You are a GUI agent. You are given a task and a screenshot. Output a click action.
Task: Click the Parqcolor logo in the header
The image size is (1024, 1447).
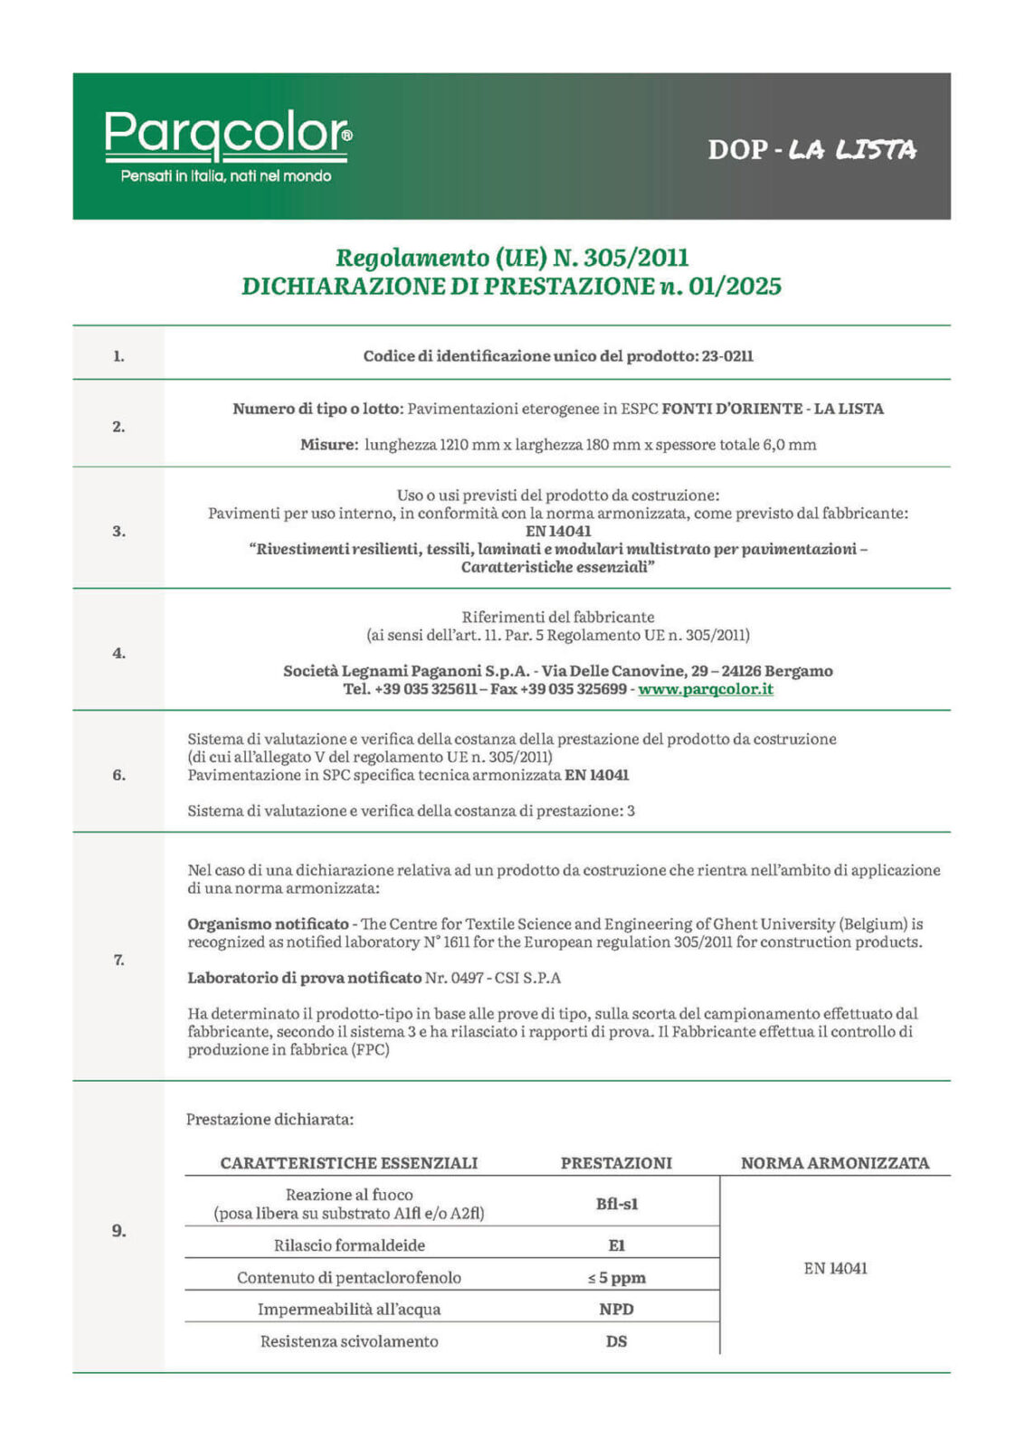tap(227, 134)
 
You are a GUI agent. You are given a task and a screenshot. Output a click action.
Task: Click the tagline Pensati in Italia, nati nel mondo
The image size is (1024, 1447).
tap(226, 176)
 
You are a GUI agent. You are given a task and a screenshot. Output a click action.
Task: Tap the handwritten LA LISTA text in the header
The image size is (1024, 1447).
tap(852, 149)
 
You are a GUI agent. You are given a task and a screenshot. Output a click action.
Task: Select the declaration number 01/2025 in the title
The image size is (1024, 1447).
tap(735, 287)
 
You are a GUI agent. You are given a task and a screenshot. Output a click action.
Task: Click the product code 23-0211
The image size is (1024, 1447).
tap(727, 356)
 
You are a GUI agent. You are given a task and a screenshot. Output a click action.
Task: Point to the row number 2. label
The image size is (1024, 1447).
tap(119, 427)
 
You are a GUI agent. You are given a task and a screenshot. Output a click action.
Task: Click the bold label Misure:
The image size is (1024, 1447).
tap(329, 445)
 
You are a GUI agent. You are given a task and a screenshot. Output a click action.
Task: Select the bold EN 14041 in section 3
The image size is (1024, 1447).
tap(557, 532)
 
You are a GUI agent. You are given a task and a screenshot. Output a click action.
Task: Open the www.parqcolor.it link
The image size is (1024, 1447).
tap(706, 689)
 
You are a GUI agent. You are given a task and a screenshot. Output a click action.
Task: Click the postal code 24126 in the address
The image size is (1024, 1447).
tap(741, 671)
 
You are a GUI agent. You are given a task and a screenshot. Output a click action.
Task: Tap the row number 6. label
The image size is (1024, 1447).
tap(119, 775)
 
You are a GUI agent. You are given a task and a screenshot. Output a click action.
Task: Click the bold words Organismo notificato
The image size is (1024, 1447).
tap(268, 924)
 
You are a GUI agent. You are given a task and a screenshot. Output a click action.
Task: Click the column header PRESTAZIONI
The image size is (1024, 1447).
tap(616, 1163)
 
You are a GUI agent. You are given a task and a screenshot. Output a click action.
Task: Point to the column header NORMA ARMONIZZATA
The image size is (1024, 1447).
tap(835, 1163)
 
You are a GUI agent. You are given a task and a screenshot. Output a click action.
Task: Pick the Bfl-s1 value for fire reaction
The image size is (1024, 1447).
tap(616, 1204)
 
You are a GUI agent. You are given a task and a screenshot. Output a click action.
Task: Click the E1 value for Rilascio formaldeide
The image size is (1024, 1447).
tap(616, 1245)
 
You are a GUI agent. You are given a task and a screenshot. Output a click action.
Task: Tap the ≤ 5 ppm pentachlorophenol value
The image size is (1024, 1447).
tap(616, 1278)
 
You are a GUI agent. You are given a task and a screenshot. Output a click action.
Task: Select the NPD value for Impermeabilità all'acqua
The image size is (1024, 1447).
tap(616, 1310)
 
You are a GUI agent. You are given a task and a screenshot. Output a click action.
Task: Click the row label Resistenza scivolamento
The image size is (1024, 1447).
tap(349, 1341)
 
